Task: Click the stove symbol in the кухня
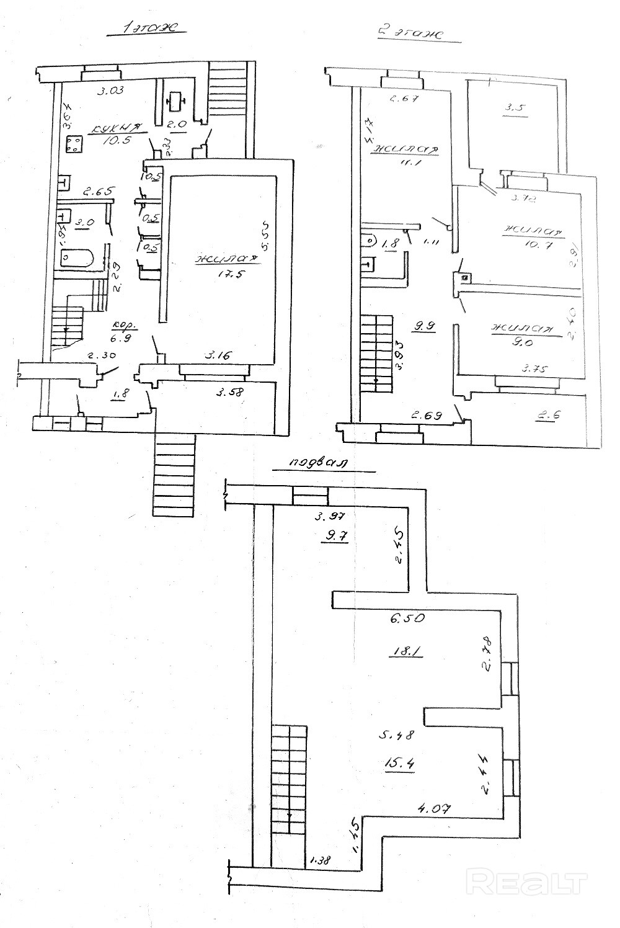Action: coord(75,144)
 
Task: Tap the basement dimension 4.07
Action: coord(433,808)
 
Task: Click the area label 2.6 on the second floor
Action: coord(546,416)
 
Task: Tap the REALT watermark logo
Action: coord(526,881)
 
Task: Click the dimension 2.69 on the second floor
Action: coord(426,415)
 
